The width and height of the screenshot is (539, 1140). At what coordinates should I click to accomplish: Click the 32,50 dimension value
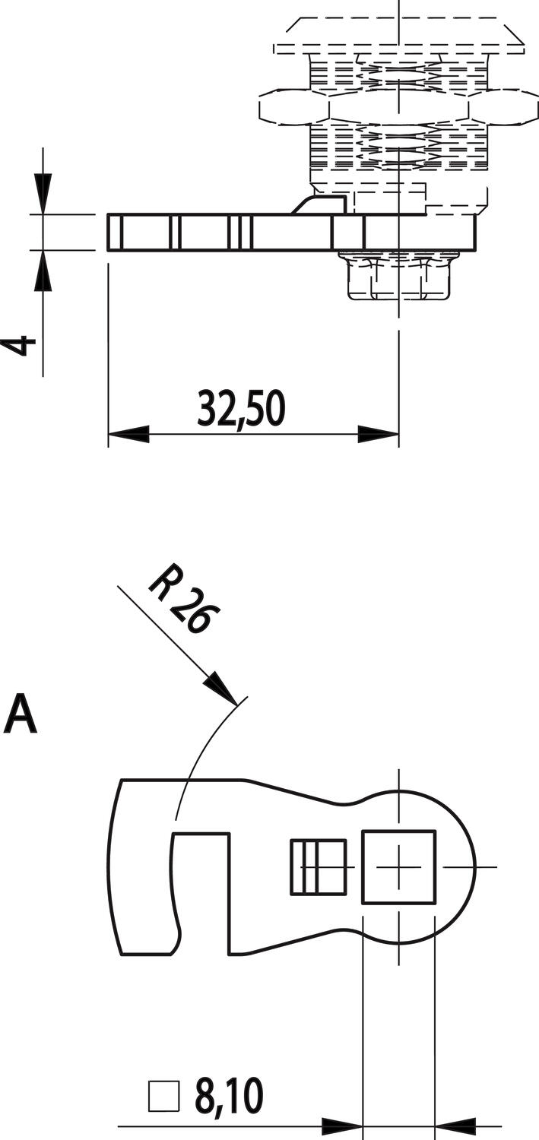point(241,408)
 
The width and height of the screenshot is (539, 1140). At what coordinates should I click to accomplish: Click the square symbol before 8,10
point(163,1097)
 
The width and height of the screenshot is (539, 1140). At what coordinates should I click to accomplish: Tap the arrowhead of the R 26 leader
point(223,690)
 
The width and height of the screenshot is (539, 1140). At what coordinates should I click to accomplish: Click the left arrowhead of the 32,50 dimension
point(128,435)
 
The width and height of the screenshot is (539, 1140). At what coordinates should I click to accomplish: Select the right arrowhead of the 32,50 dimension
point(379,435)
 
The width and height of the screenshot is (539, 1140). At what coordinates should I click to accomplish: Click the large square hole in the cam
point(398,866)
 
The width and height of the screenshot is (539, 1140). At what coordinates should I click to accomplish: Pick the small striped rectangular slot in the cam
point(318,866)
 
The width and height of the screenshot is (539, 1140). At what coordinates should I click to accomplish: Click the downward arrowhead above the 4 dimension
point(43,193)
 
